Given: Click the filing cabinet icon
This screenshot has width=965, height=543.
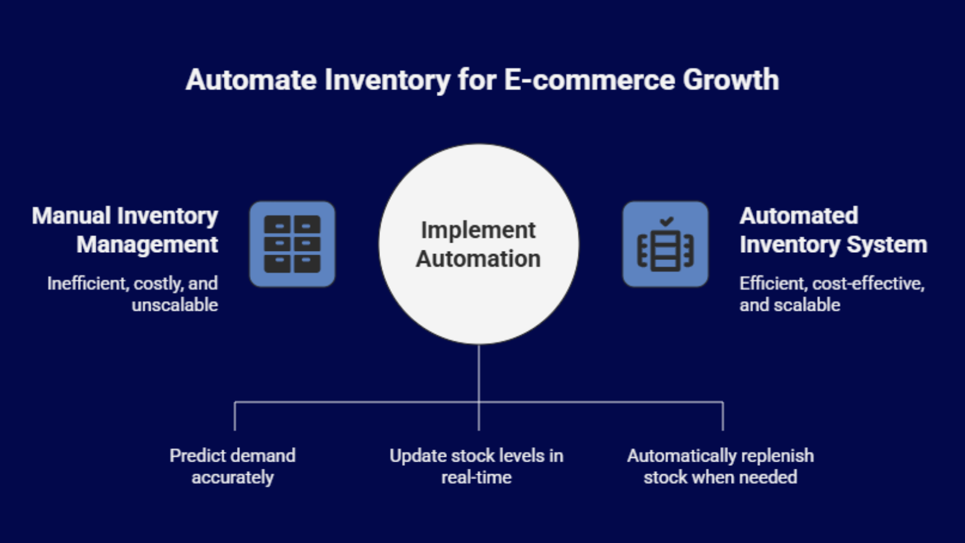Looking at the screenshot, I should [x=293, y=244].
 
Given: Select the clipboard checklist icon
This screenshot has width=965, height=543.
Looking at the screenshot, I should [x=665, y=244].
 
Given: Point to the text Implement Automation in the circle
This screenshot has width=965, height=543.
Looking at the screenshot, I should [x=478, y=244].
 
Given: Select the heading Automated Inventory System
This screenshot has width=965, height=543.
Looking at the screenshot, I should [x=832, y=230].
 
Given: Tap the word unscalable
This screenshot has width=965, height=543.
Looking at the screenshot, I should [x=175, y=305].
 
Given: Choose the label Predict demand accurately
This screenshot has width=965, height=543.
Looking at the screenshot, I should [x=233, y=466].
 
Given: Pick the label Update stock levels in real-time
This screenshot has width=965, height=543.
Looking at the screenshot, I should [x=476, y=466].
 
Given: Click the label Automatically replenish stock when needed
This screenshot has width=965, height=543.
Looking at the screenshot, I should [x=720, y=466].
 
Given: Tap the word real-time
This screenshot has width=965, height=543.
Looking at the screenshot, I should [x=476, y=478].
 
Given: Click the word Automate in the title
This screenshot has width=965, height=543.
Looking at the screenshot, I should [x=251, y=80].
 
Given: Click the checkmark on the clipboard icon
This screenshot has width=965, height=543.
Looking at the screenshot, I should [x=666, y=221].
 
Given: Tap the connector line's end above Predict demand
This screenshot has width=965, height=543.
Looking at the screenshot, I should [x=235, y=428].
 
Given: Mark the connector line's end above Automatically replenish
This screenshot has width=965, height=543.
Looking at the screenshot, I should [x=723, y=428].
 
